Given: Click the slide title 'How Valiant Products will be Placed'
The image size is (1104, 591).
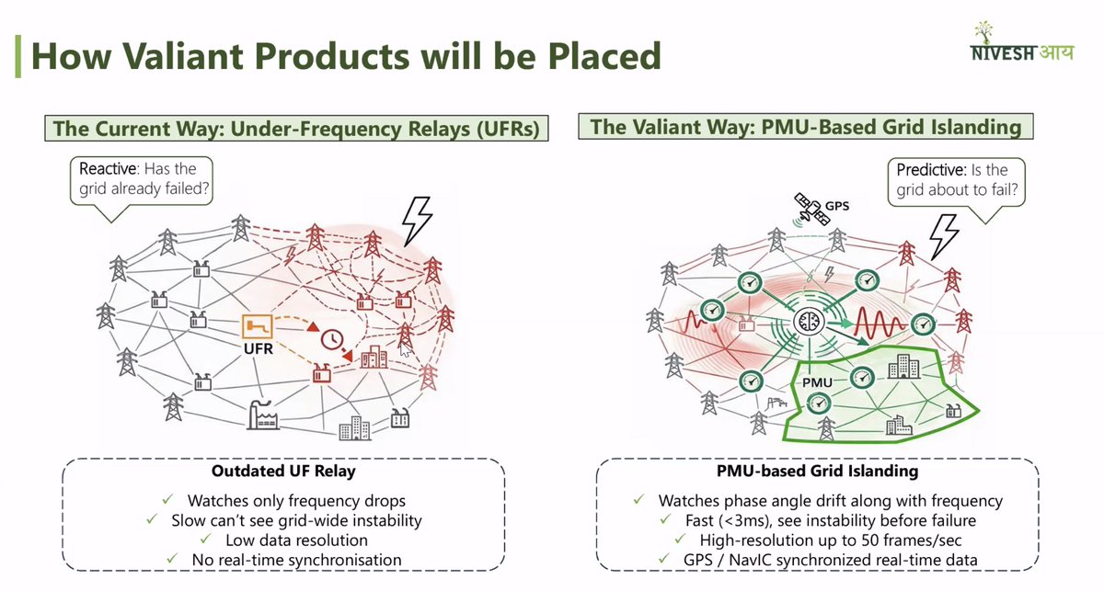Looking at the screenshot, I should (x=346, y=57).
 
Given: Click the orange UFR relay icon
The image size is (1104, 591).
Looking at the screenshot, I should (x=258, y=326).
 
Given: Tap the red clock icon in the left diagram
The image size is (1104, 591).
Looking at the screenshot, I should (x=332, y=340).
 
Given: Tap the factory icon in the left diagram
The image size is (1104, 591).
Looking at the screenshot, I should (x=263, y=416).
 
